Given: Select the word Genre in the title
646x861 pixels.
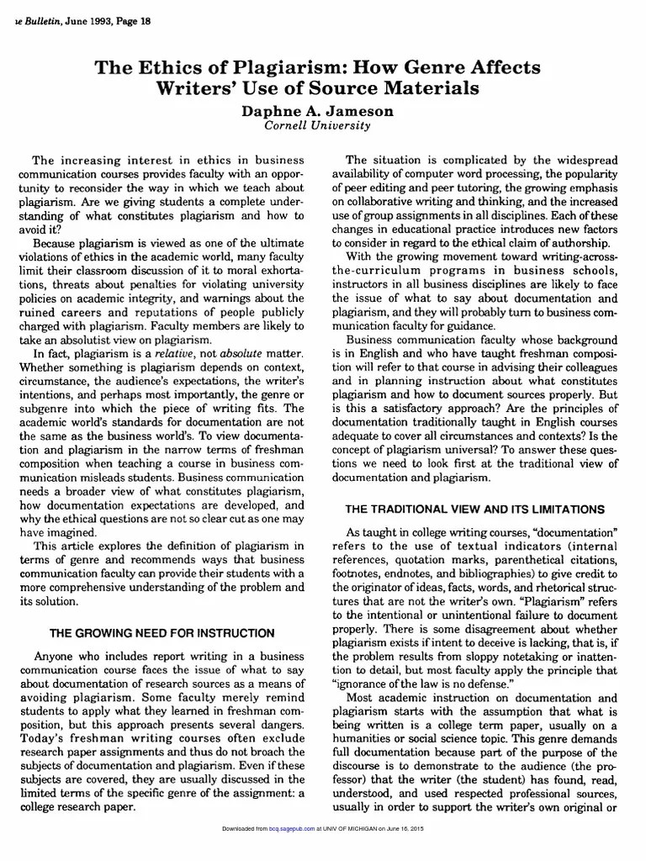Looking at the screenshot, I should (441, 67).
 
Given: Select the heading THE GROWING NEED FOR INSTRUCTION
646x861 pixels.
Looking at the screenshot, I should (162, 632).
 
